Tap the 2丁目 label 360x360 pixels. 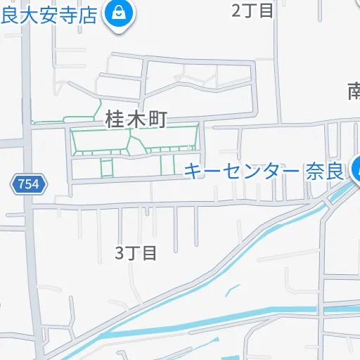[252, 10]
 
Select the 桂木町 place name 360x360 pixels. [136, 120]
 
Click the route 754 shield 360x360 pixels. [29, 185]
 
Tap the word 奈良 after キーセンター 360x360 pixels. [325, 170]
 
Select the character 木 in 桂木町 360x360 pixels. [136, 120]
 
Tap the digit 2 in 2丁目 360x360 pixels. [236, 10]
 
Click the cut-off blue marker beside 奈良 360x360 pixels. [356, 167]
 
